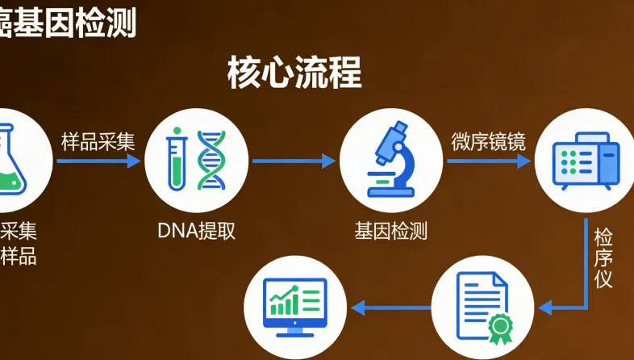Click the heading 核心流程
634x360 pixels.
click(295, 73)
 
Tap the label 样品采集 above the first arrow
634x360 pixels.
click(98, 141)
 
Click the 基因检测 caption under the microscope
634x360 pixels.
click(391, 231)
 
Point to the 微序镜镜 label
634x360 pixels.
click(488, 141)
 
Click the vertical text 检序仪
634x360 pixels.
click(603, 258)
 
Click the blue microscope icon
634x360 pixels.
click(391, 160)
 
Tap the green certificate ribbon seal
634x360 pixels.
click(499, 325)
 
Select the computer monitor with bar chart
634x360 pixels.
click(296, 308)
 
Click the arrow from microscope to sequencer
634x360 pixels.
click(489, 161)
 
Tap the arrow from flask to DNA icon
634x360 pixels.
click(98, 161)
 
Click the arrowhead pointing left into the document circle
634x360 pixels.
click(545, 308)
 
